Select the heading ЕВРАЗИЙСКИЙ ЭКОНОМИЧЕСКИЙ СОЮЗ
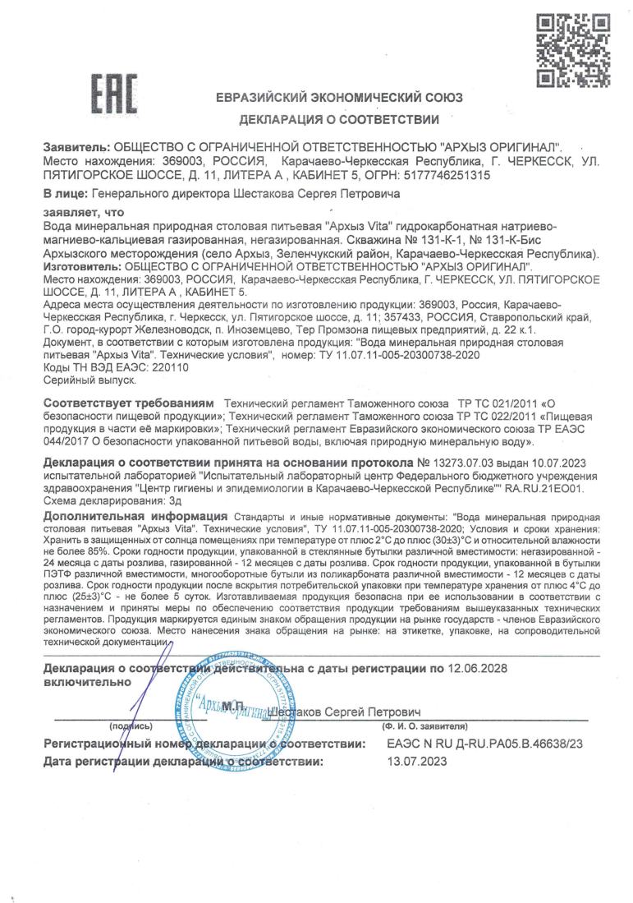339,98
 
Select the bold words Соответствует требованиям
128,405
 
